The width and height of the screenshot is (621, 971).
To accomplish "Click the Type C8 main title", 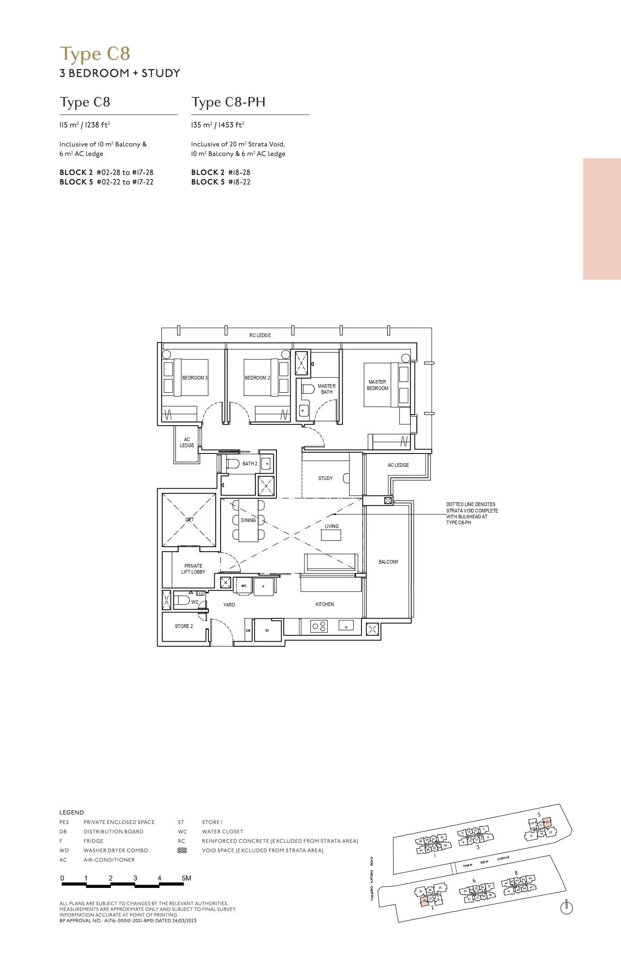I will (95, 54).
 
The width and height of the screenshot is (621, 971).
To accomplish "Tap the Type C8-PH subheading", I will (228, 102).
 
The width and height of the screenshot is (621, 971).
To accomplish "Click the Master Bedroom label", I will (377, 385).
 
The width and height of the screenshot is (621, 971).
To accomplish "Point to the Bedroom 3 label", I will (195, 378).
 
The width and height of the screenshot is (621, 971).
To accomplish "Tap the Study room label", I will (325, 478).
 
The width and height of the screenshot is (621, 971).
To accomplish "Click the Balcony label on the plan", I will (388, 562).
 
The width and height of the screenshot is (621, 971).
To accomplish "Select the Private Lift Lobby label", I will (193, 569).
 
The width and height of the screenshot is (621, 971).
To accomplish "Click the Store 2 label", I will (184, 626).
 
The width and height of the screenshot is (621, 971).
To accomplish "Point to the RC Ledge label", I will (260, 335).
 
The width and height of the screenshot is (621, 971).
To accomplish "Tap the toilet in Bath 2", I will (233, 464).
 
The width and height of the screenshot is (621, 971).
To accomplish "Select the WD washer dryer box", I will (244, 586).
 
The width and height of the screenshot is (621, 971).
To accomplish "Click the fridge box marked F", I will (264, 586).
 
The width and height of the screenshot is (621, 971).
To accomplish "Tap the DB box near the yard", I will (248, 630).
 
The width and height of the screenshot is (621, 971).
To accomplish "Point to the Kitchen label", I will (324, 604).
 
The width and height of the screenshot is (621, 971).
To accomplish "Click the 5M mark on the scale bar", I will (186, 878).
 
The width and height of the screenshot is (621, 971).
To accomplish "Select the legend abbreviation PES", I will (64, 822).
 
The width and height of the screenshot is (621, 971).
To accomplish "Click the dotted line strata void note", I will (472, 513).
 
